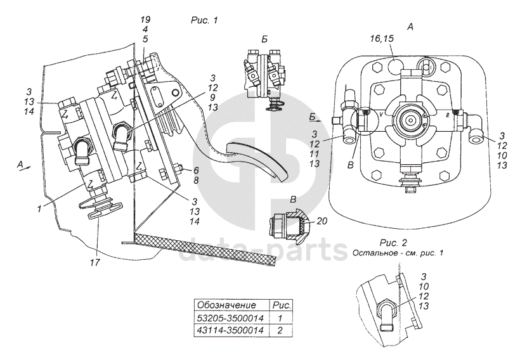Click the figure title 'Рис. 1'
(204, 20)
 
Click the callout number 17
(95, 262)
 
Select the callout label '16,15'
(382, 39)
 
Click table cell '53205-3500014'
(230, 318)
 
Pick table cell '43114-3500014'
(230, 330)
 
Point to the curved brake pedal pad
(257, 158)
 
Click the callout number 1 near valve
(39, 209)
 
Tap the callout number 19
(145, 20)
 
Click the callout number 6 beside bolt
(195, 170)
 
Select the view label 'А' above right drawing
(410, 27)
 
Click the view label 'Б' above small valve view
(264, 39)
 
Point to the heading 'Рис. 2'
(394, 243)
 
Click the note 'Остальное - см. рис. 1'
(398, 253)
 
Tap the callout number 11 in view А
(315, 154)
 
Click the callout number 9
(213, 98)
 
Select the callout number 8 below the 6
(195, 181)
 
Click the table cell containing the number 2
(280, 330)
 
